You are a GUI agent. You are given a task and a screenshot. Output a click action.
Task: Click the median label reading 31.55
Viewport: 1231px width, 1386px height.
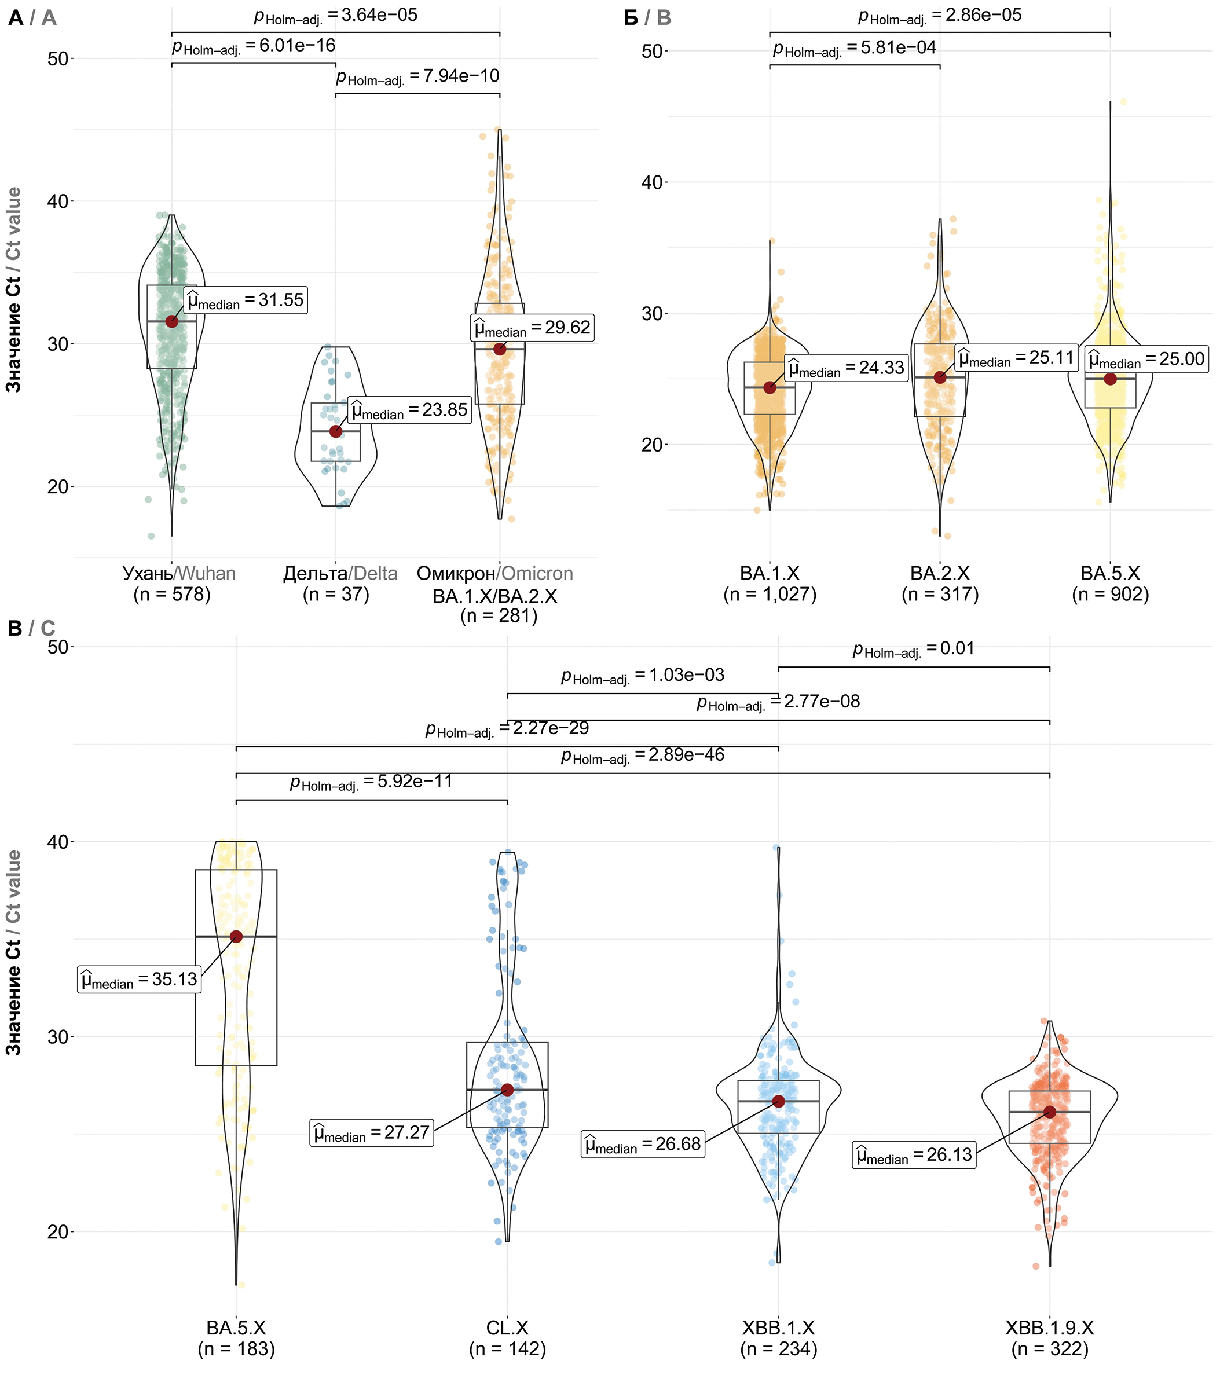[246, 300]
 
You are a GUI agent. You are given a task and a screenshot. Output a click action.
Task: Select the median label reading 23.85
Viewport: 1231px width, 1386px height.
[409, 410]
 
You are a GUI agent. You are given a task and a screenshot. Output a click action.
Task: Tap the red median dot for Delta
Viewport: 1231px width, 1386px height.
[336, 431]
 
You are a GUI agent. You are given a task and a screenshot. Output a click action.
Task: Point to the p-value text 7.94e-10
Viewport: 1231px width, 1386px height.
[418, 77]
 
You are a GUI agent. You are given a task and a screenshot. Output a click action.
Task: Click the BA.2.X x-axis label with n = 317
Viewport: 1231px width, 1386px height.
[940, 584]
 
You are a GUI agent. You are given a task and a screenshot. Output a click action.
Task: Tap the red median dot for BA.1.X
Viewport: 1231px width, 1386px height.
[770, 387]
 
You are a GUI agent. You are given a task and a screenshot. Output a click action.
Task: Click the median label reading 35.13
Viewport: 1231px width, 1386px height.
[139, 979]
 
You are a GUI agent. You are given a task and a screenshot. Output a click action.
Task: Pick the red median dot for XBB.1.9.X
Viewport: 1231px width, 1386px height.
[1050, 1111]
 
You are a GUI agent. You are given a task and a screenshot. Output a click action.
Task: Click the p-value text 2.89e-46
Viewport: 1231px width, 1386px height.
[642, 756]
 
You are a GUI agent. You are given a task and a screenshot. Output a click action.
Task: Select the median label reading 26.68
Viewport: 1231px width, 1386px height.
[643, 1144]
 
